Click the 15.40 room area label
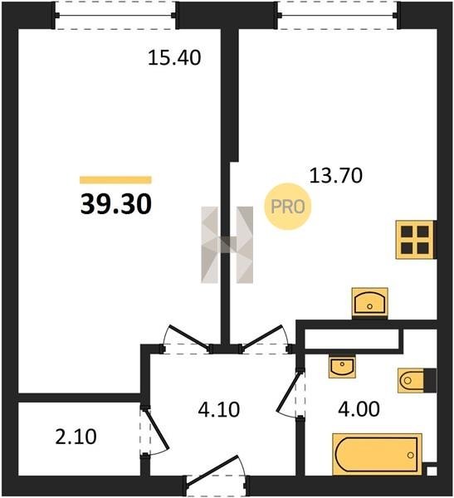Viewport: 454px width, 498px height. (174, 58)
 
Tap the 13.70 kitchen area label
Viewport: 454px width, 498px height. (336, 176)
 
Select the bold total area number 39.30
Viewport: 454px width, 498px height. (116, 204)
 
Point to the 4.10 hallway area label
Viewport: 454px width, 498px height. (219, 409)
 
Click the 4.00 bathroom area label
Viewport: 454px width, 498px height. (359, 409)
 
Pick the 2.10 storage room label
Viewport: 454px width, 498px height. (76, 437)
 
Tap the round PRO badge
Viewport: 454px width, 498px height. (288, 207)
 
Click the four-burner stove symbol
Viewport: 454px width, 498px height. (415, 240)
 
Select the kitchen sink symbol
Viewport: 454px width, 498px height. (370, 303)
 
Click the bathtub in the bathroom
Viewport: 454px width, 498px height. (377, 454)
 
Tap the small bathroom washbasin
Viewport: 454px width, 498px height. (342, 367)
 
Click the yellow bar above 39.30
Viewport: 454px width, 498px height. (115, 180)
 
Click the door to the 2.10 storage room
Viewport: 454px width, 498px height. (156, 430)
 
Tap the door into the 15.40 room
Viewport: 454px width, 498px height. (188, 339)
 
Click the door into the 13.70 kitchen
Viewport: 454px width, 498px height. (264, 339)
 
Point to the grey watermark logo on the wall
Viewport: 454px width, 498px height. (227, 245)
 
